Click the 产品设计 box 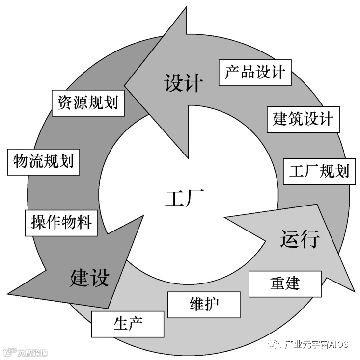click(255, 73)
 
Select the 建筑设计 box click(303, 118)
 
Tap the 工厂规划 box click(319, 171)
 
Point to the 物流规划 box click(44, 161)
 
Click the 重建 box click(285, 283)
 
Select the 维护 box click(204, 304)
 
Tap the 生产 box click(128, 324)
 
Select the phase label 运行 click(300, 239)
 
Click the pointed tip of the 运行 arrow click(354, 291)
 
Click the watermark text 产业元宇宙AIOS click(316, 344)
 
